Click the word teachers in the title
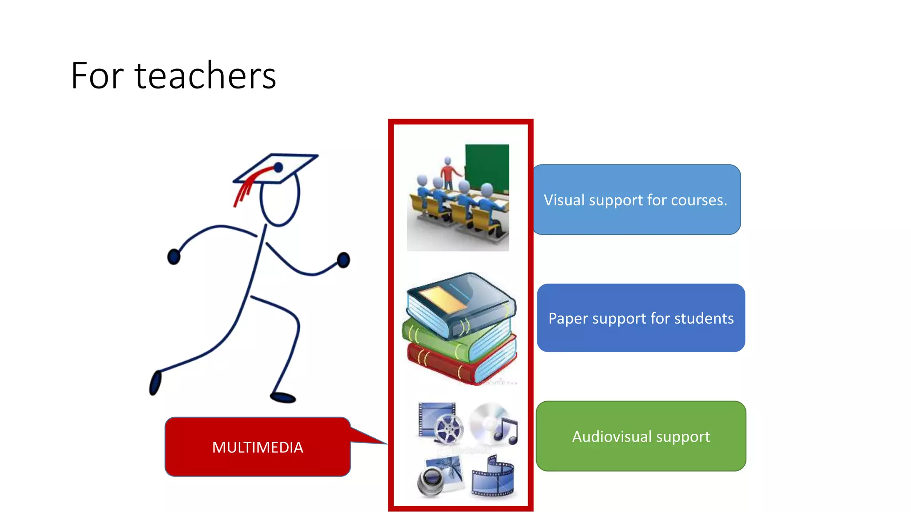pos(205,76)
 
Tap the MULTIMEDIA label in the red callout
pos(258,447)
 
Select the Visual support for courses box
pos(636,200)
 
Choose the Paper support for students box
pos(641,318)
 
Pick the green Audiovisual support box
pos(641,436)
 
